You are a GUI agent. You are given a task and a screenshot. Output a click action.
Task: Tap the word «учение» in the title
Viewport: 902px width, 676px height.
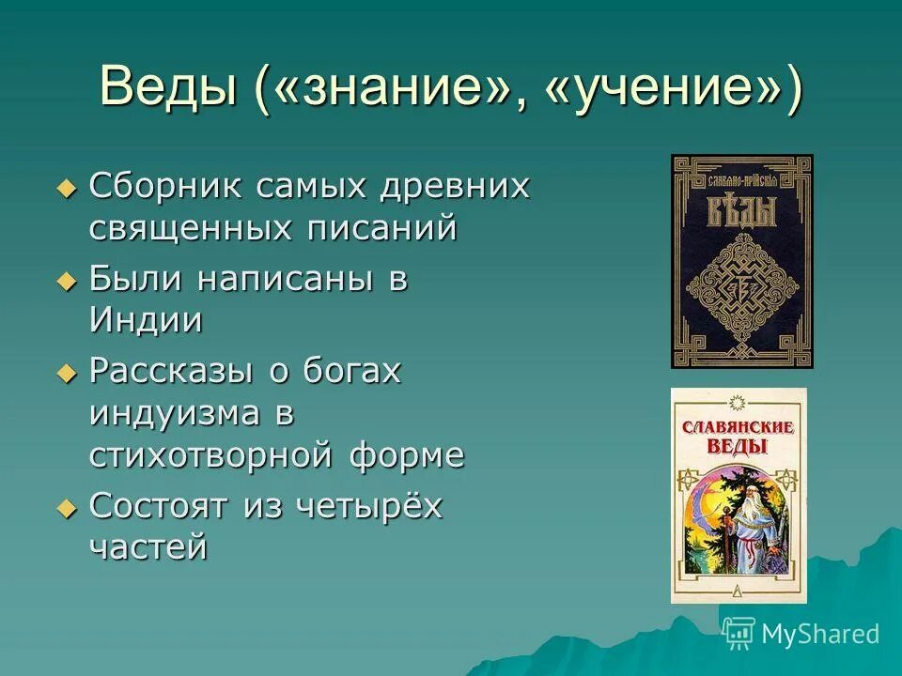point(663,88)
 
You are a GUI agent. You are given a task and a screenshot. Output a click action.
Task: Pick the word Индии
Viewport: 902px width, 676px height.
point(146,320)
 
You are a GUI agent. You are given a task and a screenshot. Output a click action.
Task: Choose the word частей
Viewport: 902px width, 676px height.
point(148,547)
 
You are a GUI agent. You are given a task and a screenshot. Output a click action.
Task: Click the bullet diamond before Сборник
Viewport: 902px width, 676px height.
point(65,188)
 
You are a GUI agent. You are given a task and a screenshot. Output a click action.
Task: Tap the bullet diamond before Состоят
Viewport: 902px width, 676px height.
point(65,508)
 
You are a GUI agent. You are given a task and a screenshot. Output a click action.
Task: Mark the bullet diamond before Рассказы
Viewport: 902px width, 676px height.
point(65,373)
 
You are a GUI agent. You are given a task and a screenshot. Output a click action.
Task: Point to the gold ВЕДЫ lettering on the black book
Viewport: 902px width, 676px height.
point(741,210)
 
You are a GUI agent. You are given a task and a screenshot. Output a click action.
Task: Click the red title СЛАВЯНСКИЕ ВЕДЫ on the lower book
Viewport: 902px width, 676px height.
point(739,437)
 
